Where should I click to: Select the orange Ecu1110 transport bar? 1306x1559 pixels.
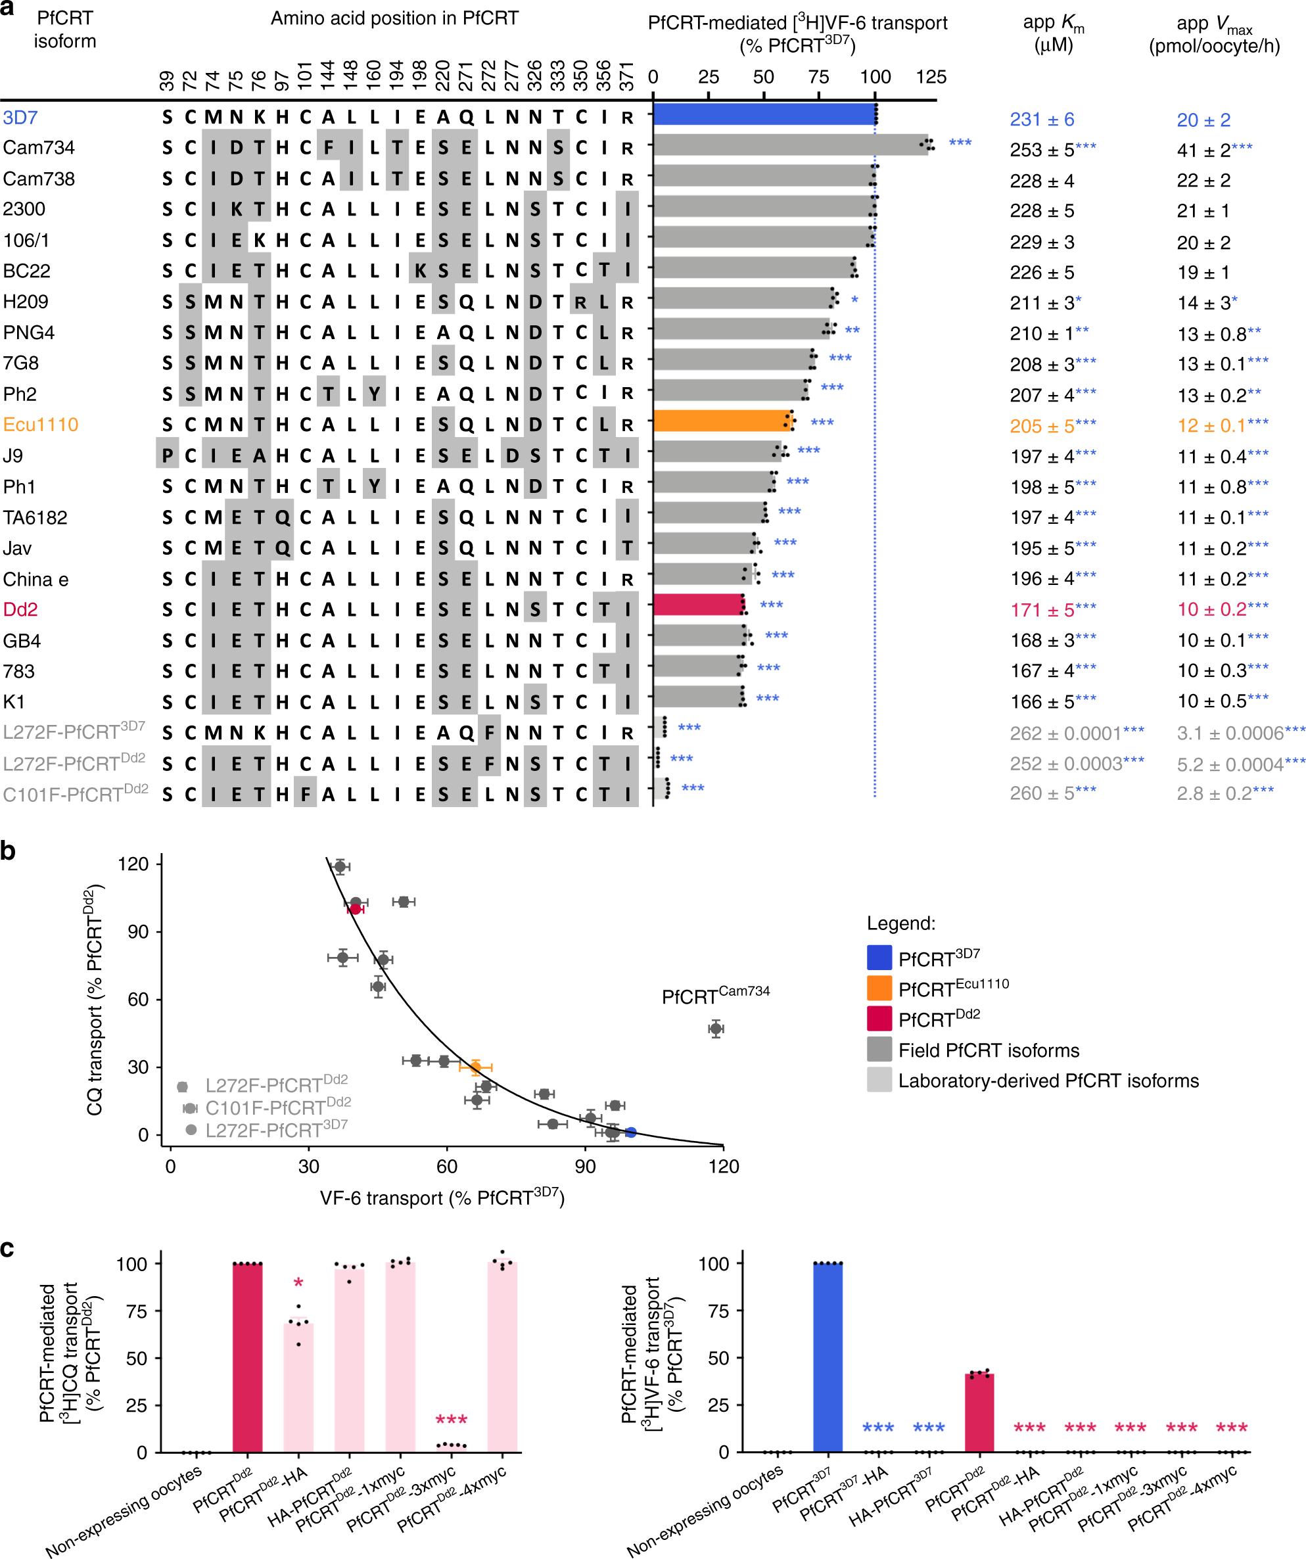(x=720, y=423)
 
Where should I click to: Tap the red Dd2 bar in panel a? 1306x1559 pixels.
(x=698, y=606)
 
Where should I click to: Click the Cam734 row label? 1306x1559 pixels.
(x=39, y=148)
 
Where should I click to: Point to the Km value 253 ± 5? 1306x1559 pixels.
(x=1042, y=150)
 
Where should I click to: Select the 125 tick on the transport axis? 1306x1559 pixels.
(x=931, y=77)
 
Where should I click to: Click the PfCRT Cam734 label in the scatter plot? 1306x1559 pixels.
(x=715, y=996)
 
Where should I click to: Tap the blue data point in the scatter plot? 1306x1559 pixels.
(x=630, y=1132)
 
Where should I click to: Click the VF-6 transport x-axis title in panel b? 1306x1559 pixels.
(x=442, y=1198)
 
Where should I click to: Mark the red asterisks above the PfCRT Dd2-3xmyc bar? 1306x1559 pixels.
(x=451, y=1420)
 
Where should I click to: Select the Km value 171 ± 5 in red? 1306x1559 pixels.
(x=1042, y=610)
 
